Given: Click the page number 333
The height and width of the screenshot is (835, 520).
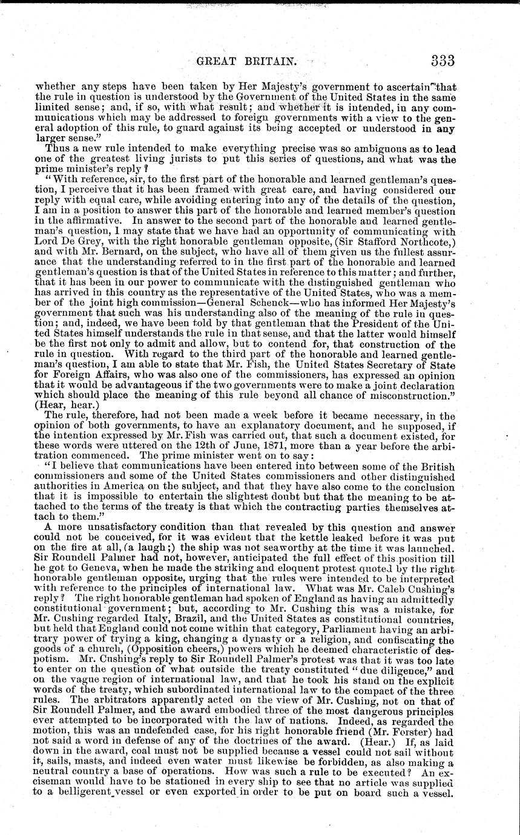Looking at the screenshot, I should click(x=443, y=61).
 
